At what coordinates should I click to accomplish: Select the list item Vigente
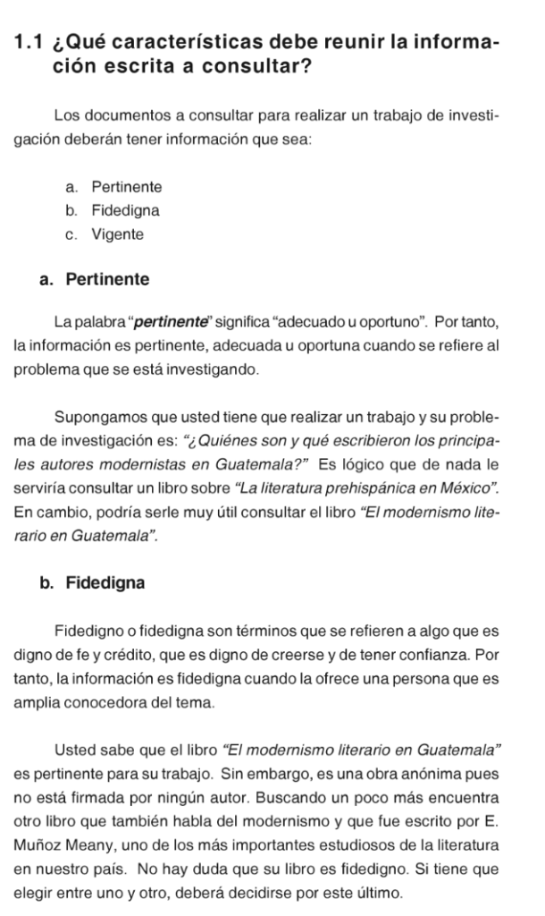[118, 234]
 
